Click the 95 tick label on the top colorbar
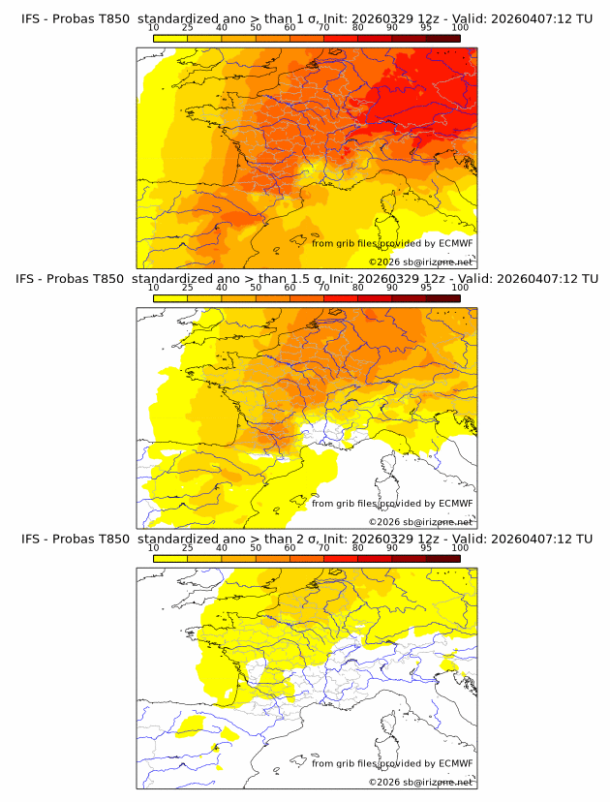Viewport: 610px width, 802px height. (x=426, y=27)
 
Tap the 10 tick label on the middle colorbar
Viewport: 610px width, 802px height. (x=153, y=288)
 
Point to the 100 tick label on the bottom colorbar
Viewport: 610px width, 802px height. (x=460, y=547)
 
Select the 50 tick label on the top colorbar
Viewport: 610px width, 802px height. (x=256, y=27)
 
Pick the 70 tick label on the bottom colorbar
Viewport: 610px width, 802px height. (x=323, y=547)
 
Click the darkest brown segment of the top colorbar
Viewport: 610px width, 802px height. (x=442, y=38)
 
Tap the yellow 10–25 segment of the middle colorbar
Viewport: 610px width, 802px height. (x=170, y=298)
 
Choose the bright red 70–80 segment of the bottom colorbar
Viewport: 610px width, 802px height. (x=340, y=558)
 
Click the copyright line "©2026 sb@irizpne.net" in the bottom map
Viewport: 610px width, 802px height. (x=421, y=782)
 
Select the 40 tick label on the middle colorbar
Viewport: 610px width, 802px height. (x=222, y=288)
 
